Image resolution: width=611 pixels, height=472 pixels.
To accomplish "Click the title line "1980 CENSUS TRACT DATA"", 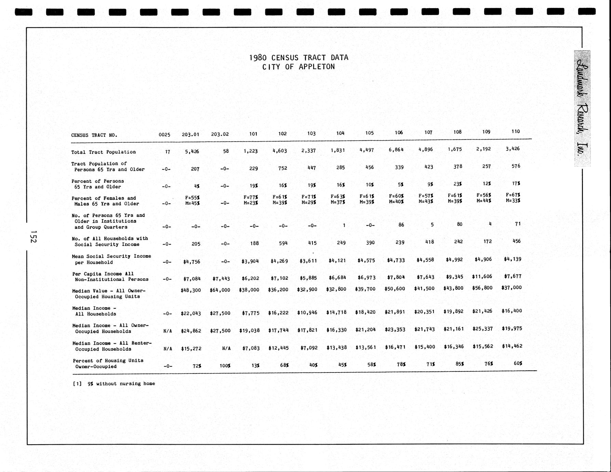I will (x=298, y=57).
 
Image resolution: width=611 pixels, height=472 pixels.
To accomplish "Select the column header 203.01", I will (x=190, y=134).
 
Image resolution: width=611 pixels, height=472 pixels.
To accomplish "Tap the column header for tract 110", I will (x=516, y=131).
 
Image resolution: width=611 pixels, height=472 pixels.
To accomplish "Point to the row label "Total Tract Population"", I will (x=104, y=152).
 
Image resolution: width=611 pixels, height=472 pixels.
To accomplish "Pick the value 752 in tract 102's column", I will (x=282, y=168).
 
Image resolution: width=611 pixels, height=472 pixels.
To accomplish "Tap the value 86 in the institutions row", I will (x=401, y=225).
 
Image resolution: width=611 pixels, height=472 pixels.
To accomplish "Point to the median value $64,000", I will (x=220, y=290).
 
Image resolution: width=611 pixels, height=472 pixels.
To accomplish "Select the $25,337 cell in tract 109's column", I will (x=483, y=329).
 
